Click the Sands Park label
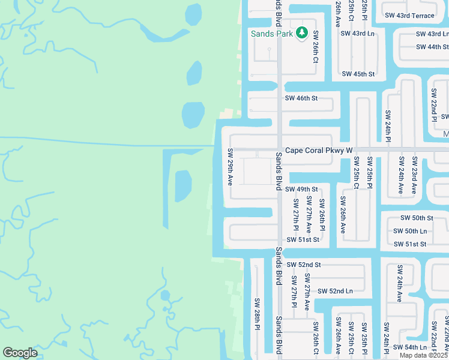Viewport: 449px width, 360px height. click(271, 34)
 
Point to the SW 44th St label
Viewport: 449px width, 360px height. click(432, 47)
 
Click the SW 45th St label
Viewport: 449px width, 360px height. click(358, 74)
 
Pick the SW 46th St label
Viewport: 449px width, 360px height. click(301, 98)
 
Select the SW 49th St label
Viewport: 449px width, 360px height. click(301, 190)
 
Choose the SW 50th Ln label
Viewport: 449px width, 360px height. click(409, 231)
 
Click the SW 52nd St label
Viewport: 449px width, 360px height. click(304, 265)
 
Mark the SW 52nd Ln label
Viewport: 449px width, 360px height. click(334, 291)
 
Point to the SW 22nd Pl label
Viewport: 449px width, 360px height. click(433, 106)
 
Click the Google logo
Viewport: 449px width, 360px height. click(20, 352)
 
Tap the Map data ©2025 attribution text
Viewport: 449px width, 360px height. click(424, 355)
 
